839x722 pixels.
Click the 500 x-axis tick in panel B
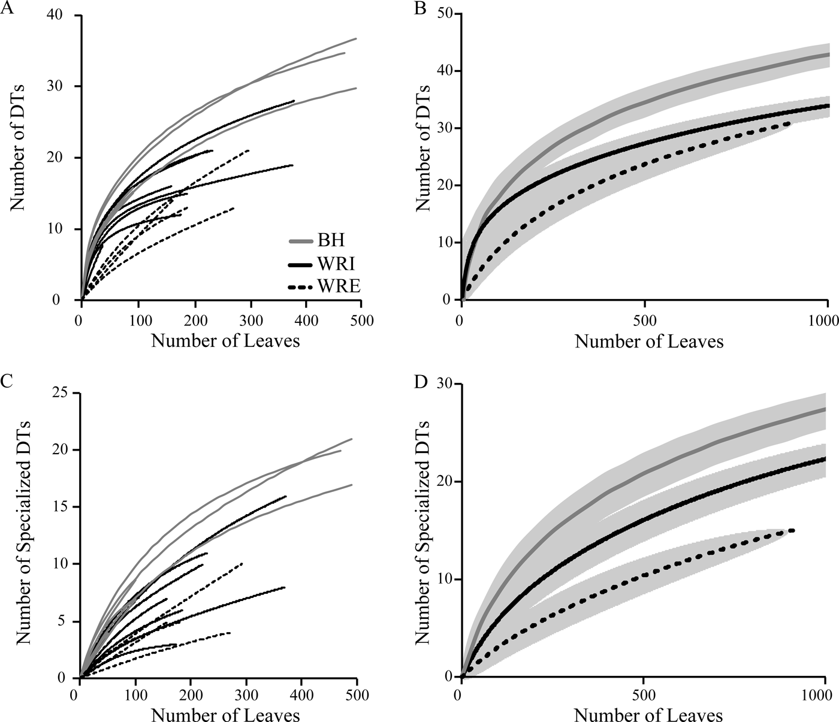644,321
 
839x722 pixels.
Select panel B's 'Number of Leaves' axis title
649,342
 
